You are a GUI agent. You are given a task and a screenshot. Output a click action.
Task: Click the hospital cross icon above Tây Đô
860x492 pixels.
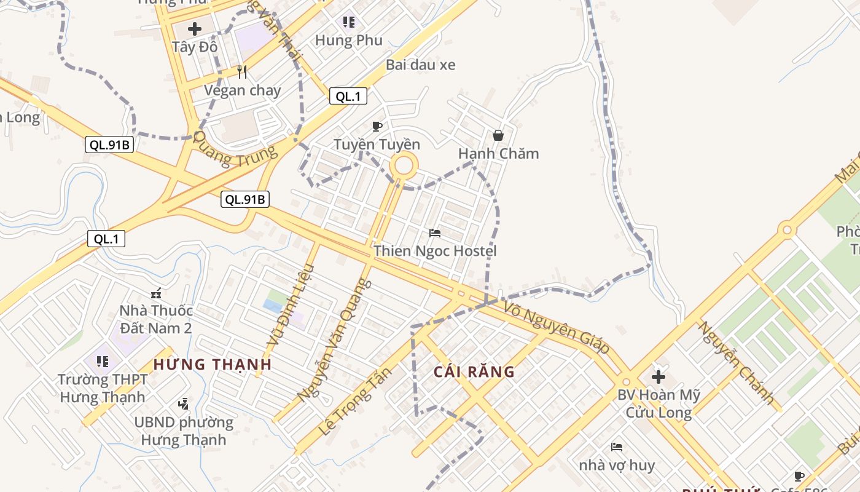(195, 28)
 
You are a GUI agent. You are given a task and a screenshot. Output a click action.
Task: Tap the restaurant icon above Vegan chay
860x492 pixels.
(242, 72)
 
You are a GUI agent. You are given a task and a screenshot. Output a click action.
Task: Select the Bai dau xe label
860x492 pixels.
(421, 65)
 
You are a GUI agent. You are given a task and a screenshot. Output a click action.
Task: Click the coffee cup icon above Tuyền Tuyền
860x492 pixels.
(377, 127)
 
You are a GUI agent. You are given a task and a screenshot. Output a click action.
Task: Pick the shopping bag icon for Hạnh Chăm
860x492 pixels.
(498, 135)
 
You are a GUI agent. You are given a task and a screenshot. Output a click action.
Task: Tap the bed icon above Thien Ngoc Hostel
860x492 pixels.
(435, 232)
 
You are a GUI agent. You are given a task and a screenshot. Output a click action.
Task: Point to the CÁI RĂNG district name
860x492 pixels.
(474, 371)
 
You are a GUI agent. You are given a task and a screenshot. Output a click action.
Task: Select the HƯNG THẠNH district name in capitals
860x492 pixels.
(213, 364)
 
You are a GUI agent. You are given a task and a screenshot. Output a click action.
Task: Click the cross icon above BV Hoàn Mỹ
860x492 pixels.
(659, 377)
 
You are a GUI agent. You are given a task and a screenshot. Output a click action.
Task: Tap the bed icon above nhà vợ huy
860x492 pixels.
(617, 447)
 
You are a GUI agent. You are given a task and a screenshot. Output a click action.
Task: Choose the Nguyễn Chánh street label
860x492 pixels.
(737, 363)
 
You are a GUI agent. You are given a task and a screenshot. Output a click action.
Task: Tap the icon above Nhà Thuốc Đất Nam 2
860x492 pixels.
(156, 293)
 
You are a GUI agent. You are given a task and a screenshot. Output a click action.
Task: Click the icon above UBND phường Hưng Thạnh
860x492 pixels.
(183, 404)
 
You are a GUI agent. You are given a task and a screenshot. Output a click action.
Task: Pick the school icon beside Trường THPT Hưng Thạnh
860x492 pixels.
(102, 361)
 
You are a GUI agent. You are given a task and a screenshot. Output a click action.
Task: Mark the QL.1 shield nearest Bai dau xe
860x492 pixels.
(348, 96)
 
